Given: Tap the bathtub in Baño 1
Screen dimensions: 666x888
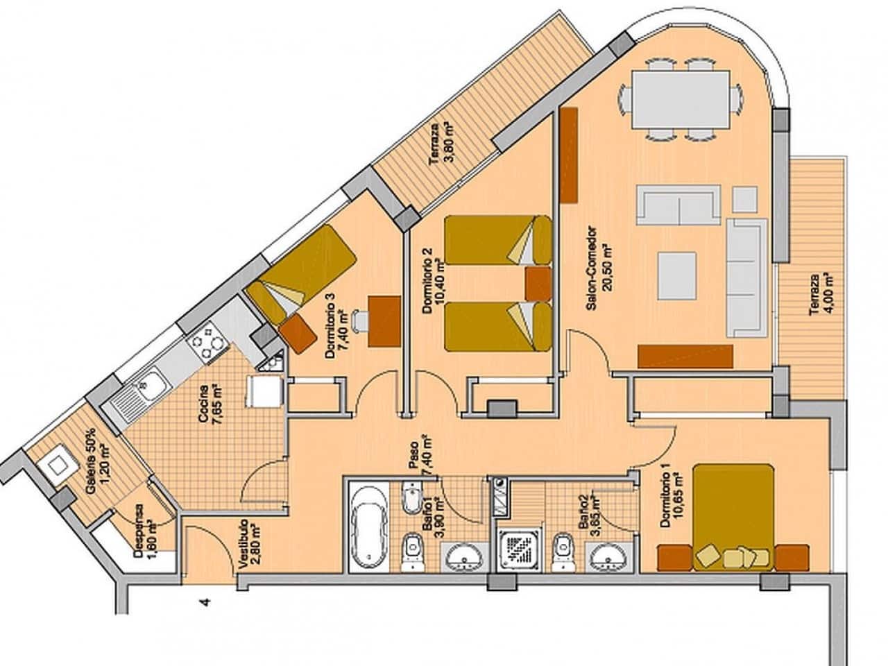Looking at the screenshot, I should coord(368,527).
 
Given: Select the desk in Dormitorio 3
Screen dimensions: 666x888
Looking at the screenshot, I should coord(384,321).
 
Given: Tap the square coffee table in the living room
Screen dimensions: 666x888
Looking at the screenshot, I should coord(677,273).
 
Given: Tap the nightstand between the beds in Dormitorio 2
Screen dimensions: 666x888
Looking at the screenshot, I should coord(538,284).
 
